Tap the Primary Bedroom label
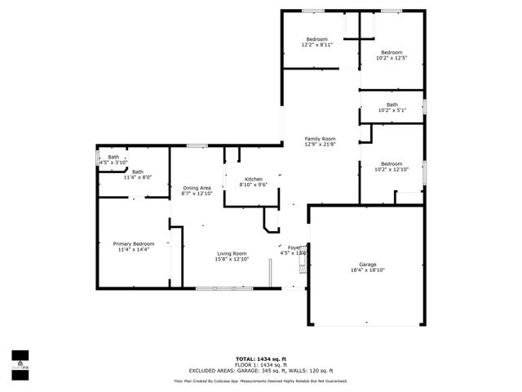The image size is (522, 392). click(x=133, y=243)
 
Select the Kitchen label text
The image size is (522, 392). click(x=253, y=179)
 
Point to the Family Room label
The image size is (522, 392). click(x=320, y=138)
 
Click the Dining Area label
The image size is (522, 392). click(x=197, y=188)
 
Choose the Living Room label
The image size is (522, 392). click(x=231, y=253)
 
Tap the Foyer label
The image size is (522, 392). click(x=294, y=247)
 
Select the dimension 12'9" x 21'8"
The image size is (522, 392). click(x=320, y=144)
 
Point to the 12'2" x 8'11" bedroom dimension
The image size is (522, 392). click(x=316, y=45)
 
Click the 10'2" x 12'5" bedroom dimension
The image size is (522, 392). click(x=391, y=58)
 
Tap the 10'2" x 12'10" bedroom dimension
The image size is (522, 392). click(x=391, y=168)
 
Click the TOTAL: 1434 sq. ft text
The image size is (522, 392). click(x=260, y=359)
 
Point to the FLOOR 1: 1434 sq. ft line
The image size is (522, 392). click(x=260, y=364)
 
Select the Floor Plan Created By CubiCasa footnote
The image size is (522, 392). click(x=260, y=381)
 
